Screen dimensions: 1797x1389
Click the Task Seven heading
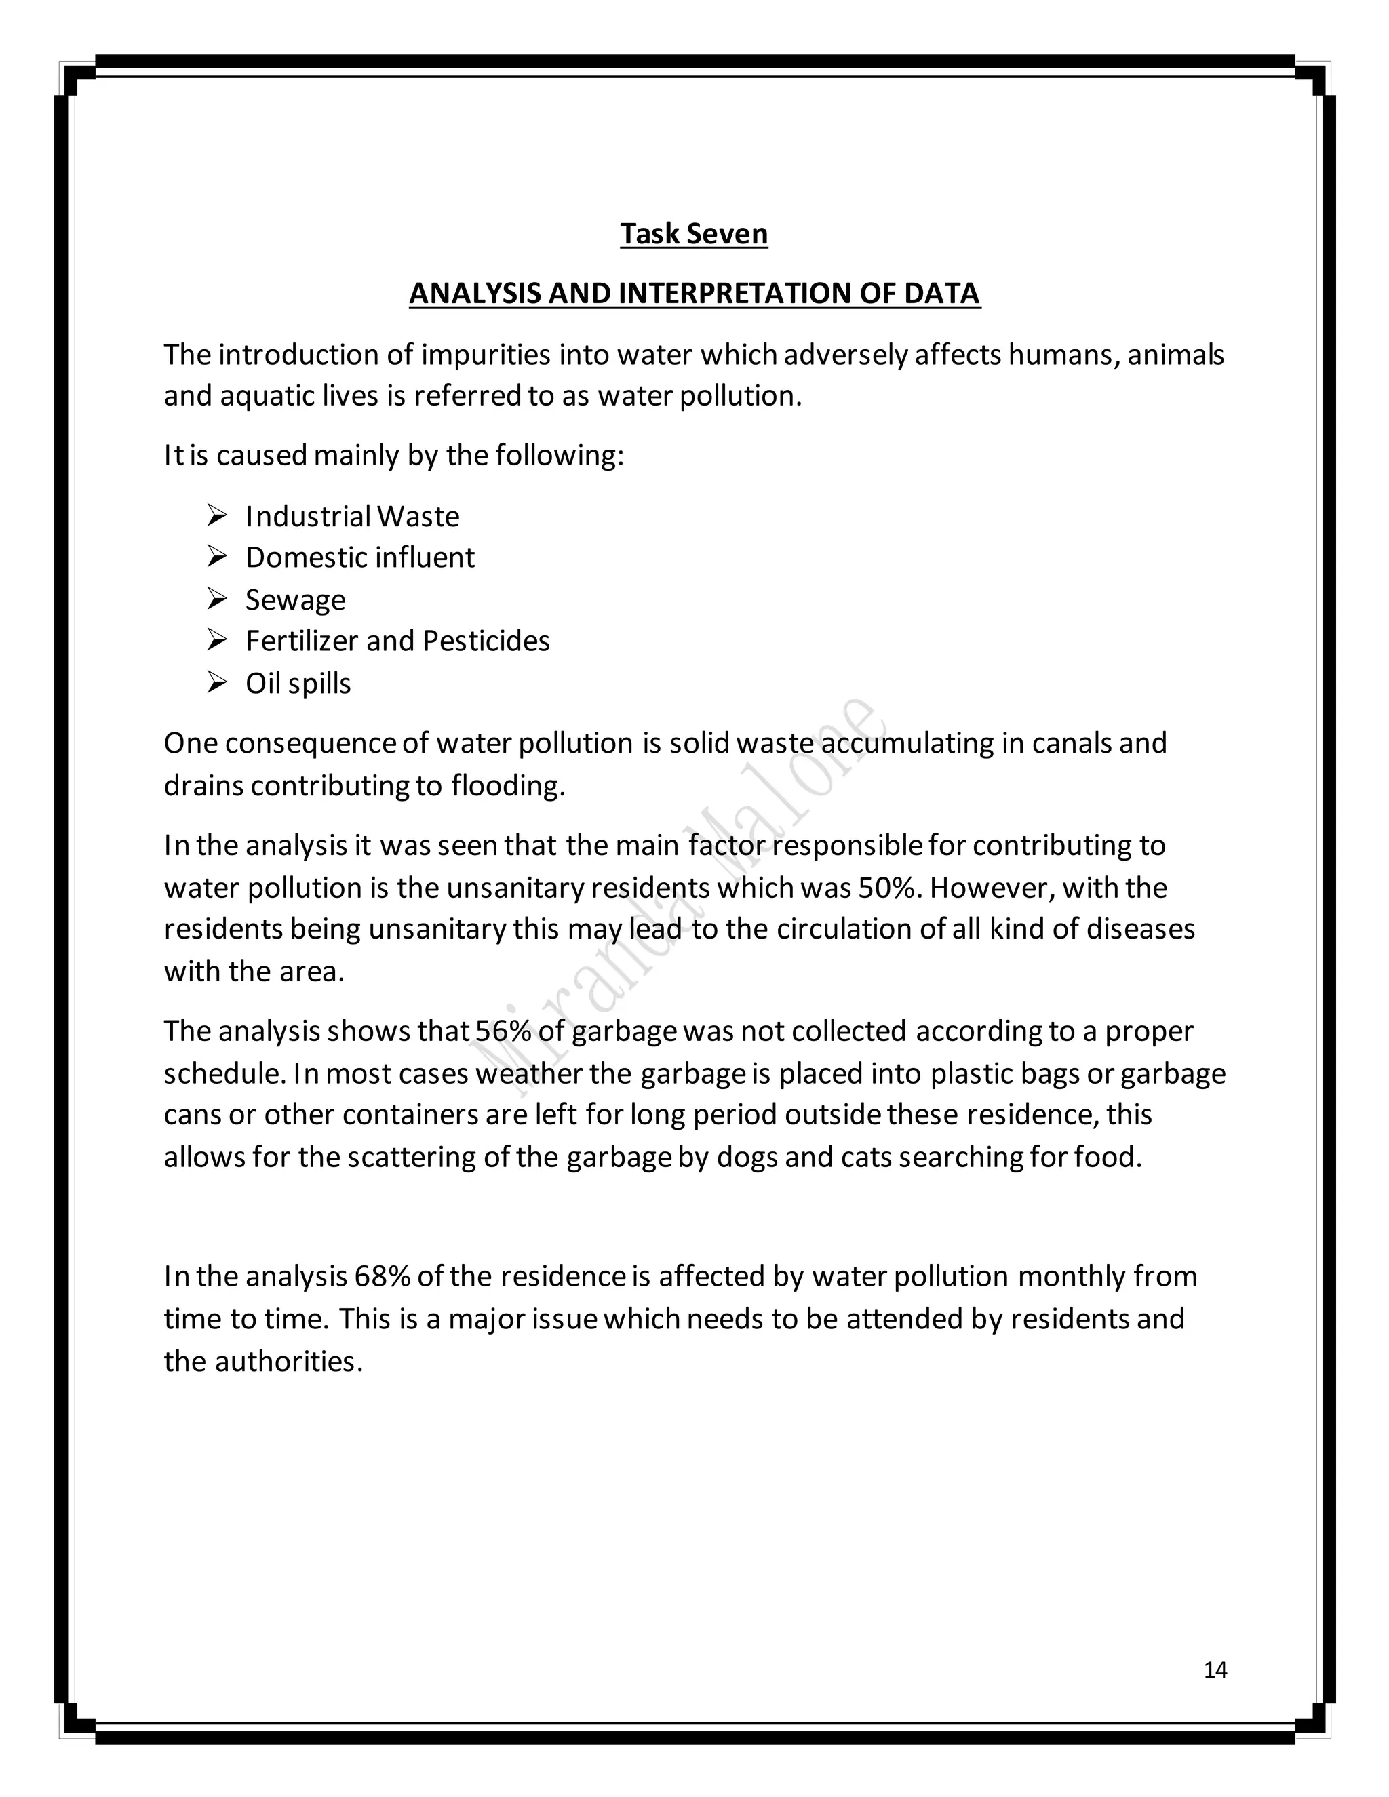pos(694,234)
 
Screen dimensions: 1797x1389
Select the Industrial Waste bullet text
pos(352,517)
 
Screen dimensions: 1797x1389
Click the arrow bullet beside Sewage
pos(216,599)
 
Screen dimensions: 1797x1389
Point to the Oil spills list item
pos(298,684)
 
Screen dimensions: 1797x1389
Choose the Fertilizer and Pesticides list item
pos(397,641)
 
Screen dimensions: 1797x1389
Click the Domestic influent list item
pos(359,558)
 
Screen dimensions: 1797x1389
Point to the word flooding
pos(507,786)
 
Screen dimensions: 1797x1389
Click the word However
pos(992,888)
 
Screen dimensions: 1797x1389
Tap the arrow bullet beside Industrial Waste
pos(216,516)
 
